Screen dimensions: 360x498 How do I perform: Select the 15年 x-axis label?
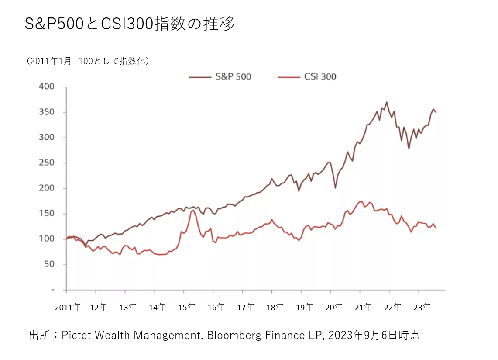click(186, 307)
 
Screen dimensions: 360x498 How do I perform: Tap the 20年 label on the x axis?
click(333, 307)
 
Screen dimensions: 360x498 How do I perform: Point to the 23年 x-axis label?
click(422, 307)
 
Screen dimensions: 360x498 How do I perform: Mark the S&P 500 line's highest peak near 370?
click(387, 102)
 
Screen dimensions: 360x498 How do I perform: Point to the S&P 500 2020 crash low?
click(335, 188)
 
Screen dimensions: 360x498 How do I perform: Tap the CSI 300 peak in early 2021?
click(361, 201)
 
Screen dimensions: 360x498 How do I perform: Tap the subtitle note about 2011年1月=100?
click(88, 61)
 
